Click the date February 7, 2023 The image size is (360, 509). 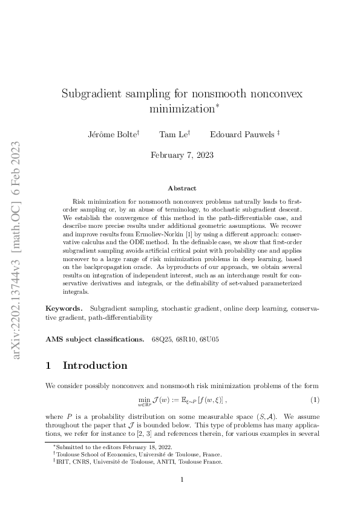pyautogui.click(x=182, y=155)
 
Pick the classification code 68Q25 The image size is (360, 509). pyautogui.click(x=162, y=339)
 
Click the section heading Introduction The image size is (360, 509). pyautogui.click(x=95, y=366)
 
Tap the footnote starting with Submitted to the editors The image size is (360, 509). pyautogui.click(x=99, y=445)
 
